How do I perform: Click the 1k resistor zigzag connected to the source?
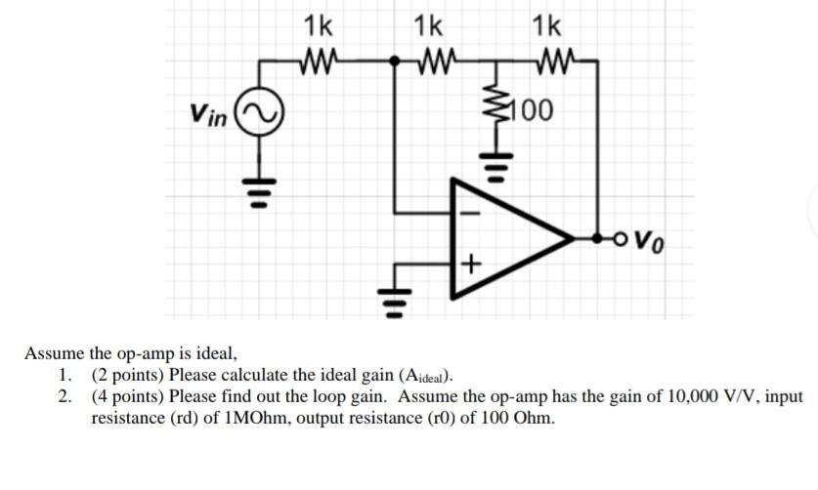pyautogui.click(x=321, y=62)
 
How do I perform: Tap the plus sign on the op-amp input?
pyautogui.click(x=470, y=264)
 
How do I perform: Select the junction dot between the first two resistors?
pyautogui.click(x=395, y=61)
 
